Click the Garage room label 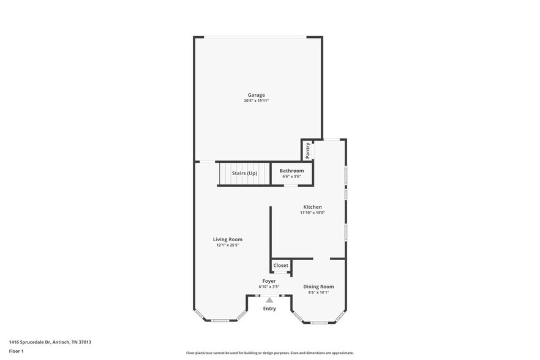(x=256, y=95)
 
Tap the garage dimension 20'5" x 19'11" (x=256, y=100)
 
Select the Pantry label (x=307, y=150)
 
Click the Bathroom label (x=291, y=171)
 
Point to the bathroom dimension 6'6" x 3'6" (x=291, y=176)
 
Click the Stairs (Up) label (x=244, y=173)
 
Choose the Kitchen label (x=312, y=207)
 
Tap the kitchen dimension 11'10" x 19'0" (x=312, y=213)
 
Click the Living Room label (x=228, y=239)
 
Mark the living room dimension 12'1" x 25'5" (x=228, y=245)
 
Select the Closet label (x=281, y=266)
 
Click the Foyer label (x=269, y=281)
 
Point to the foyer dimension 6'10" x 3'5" (x=269, y=287)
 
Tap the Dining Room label (x=318, y=287)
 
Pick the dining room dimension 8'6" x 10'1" (x=318, y=292)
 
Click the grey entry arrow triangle (x=269, y=300)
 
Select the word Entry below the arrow (x=269, y=309)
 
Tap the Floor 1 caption (x=16, y=351)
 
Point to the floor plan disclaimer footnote (x=269, y=353)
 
